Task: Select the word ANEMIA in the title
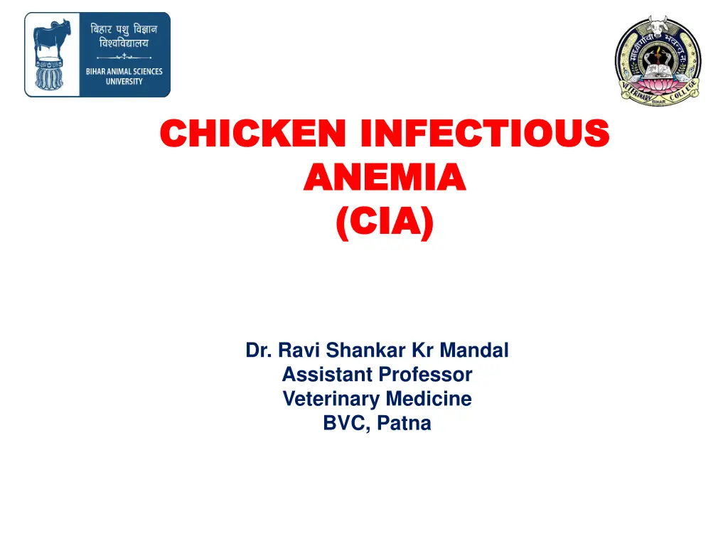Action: click(x=384, y=178)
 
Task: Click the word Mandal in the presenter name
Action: click(x=474, y=350)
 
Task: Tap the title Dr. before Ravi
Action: click(x=259, y=350)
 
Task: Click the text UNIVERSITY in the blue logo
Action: click(x=124, y=81)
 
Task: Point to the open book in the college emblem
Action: click(x=658, y=70)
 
